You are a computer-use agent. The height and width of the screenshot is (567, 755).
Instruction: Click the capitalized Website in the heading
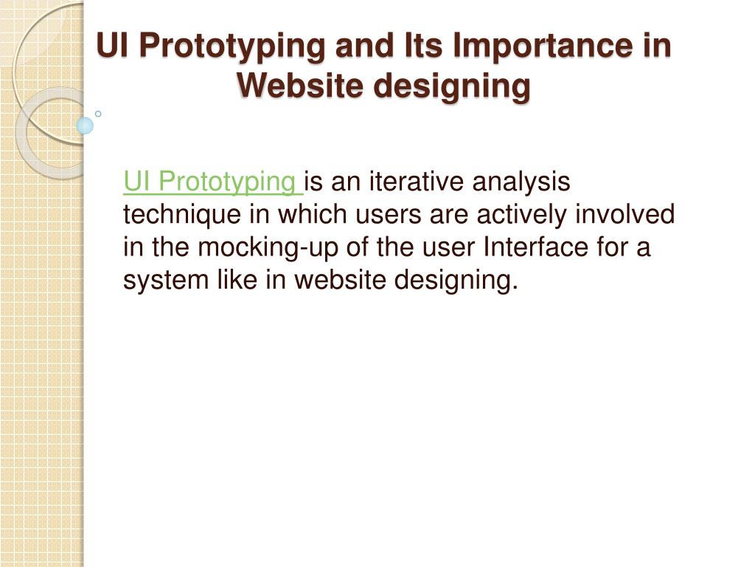[x=299, y=86]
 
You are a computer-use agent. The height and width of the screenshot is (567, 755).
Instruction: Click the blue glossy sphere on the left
[x=86, y=126]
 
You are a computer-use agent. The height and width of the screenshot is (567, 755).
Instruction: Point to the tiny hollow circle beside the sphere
[x=98, y=114]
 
